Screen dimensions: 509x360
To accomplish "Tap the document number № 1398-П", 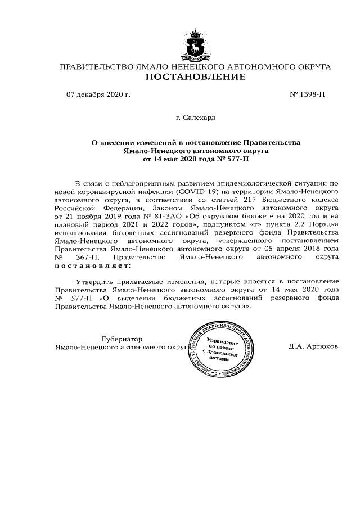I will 307,94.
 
